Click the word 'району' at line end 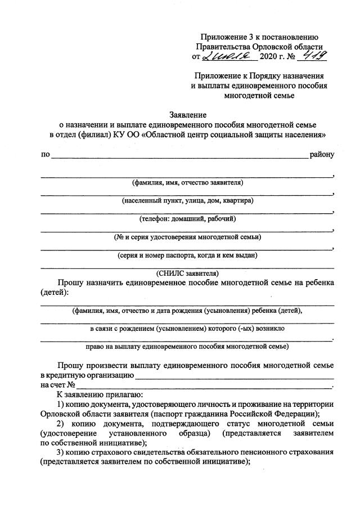pos(322,154)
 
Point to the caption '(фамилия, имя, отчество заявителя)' pos(187,183)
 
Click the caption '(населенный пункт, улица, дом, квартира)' pos(187,200)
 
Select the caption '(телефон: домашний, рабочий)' pos(187,218)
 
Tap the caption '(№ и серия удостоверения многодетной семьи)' pos(187,236)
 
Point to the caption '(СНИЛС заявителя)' pos(187,273)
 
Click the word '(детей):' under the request pos(55,292)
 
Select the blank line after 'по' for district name pos(180,155)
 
